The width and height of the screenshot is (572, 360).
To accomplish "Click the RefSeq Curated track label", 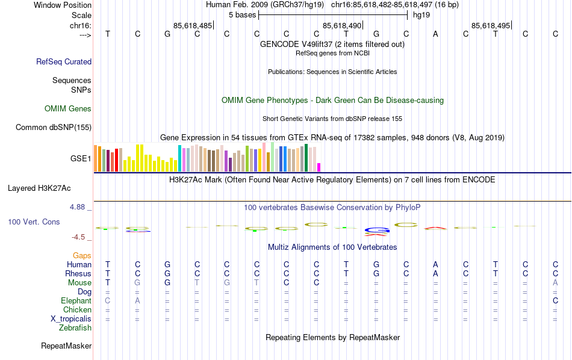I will tap(64, 61).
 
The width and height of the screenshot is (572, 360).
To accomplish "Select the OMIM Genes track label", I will tap(67, 109).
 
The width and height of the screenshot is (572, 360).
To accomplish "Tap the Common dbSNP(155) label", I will tap(54, 127).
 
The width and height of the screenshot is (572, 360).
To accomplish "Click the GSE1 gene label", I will tap(81, 159).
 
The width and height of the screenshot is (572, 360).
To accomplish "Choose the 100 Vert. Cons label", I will tap(34, 222).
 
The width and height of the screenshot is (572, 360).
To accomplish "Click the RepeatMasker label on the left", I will tap(66, 346).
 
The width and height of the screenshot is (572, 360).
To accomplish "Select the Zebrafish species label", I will tap(75, 328).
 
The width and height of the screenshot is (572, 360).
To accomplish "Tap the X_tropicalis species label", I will tap(71, 319).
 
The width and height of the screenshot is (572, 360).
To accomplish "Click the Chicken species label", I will tap(77, 310).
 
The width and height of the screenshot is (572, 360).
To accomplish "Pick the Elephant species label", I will tap(76, 301).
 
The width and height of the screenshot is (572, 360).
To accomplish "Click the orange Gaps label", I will tap(82, 256).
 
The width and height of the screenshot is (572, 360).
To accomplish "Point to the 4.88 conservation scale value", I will tap(79, 207).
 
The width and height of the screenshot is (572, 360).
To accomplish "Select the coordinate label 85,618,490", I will tap(342, 25).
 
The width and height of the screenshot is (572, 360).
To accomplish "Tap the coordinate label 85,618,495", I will tap(491, 25).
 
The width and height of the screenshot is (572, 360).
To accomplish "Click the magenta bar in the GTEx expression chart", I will tap(319, 167).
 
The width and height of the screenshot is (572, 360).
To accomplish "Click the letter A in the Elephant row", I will tap(137, 301).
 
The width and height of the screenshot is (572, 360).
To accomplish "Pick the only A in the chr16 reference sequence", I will tap(435, 34).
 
